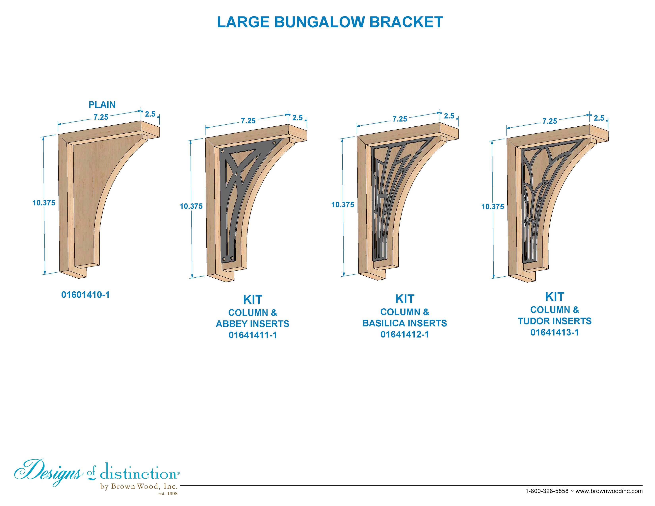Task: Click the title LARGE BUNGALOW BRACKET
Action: (330, 22)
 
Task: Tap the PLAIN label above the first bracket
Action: (102, 105)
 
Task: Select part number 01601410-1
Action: (86, 295)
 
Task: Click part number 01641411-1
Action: (253, 335)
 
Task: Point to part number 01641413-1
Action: (555, 332)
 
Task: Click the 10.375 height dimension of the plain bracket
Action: (44, 203)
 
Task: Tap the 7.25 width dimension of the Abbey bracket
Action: (248, 121)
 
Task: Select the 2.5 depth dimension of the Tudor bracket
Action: (599, 118)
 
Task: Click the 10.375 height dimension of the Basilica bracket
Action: (343, 205)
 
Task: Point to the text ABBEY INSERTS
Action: (252, 324)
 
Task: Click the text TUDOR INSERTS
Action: (555, 321)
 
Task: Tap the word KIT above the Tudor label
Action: (555, 297)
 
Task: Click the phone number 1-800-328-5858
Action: (547, 491)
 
